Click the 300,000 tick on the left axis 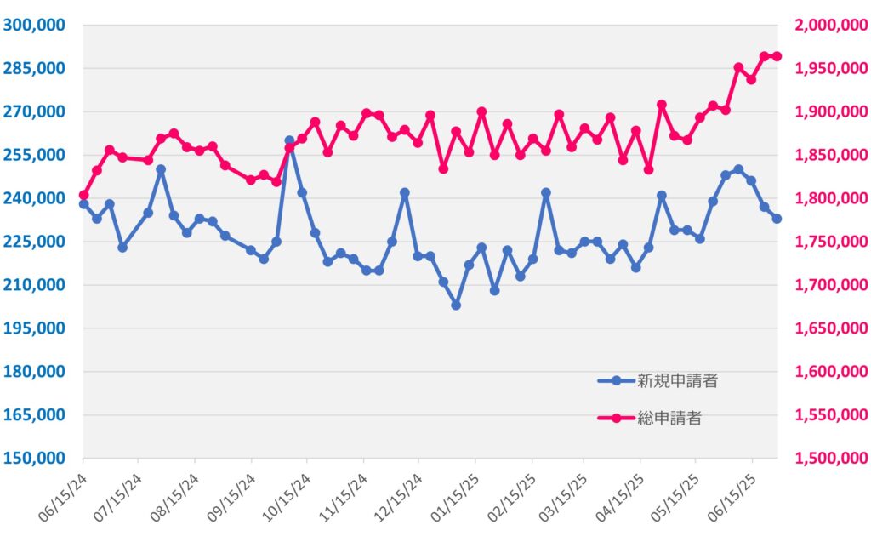(x=34, y=25)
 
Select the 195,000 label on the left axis (x=34, y=328)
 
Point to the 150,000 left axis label (x=34, y=458)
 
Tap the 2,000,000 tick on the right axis (x=831, y=25)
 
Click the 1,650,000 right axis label (x=831, y=328)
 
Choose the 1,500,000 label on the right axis (x=831, y=458)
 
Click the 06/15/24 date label (x=62, y=498)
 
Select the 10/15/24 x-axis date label (x=286, y=498)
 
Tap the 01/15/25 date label (x=454, y=498)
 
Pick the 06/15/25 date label (x=731, y=498)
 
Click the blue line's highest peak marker (x=289, y=141)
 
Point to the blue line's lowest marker (x=456, y=305)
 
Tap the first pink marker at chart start (x=84, y=195)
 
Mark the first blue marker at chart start (x=84, y=204)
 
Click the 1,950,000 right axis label (x=831, y=68)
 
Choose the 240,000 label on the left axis (x=34, y=197)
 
